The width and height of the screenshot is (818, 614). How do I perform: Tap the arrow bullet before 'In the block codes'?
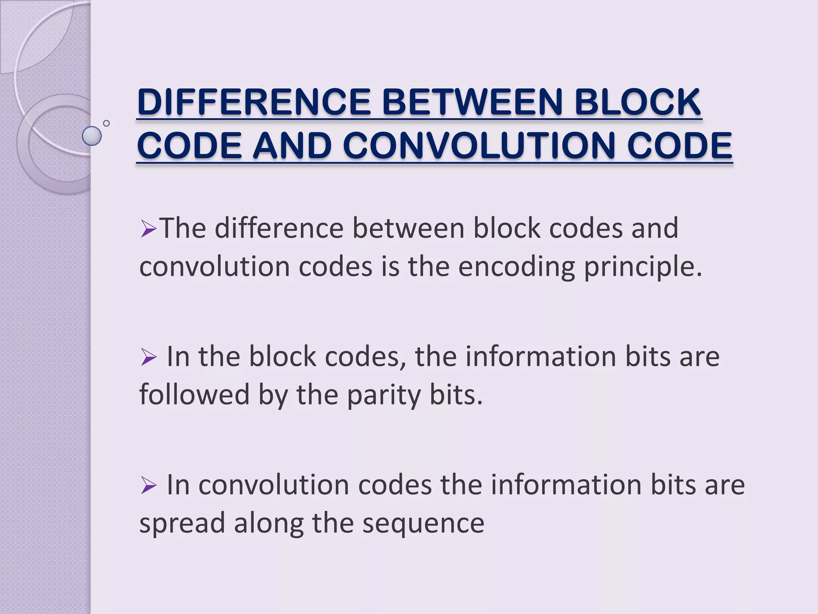pos(148,357)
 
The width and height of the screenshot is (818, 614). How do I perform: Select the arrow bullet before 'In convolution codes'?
pos(148,486)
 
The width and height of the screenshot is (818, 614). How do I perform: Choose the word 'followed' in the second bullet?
pos(194,395)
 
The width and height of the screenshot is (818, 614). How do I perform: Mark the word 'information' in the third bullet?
pos(566,485)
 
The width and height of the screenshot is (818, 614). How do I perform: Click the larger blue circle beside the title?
pos(92,136)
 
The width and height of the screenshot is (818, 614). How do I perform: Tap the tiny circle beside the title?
pos(106,123)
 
